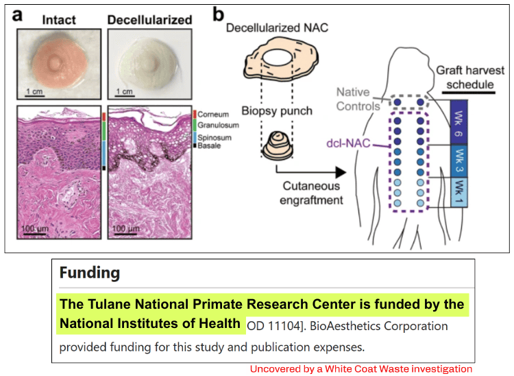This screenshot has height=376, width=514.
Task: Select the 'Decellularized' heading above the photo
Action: [x=150, y=19]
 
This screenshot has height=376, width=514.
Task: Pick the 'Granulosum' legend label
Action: [x=219, y=125]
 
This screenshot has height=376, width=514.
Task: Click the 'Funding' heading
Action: [x=90, y=272]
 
